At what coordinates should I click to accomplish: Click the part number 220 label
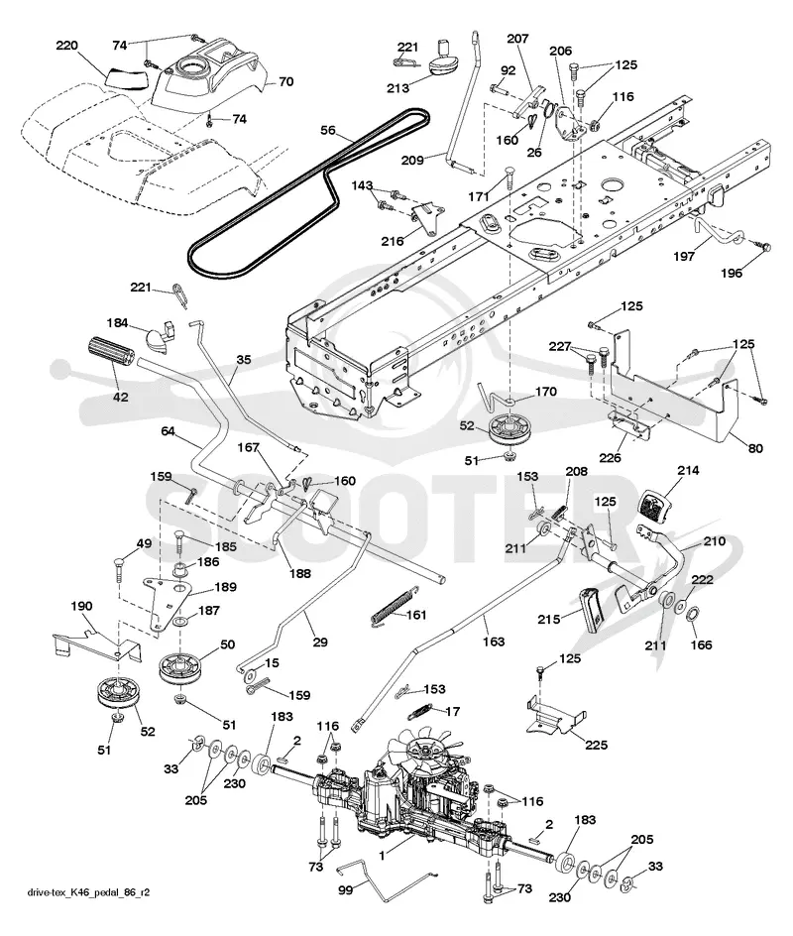(66, 46)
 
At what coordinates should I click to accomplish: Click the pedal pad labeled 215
(592, 609)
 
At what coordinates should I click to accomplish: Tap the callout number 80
(754, 448)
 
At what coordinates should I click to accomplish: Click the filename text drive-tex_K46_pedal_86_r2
(88, 893)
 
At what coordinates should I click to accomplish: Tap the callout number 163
(493, 642)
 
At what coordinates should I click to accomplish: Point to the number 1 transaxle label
(382, 856)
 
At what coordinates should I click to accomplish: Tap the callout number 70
(286, 81)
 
